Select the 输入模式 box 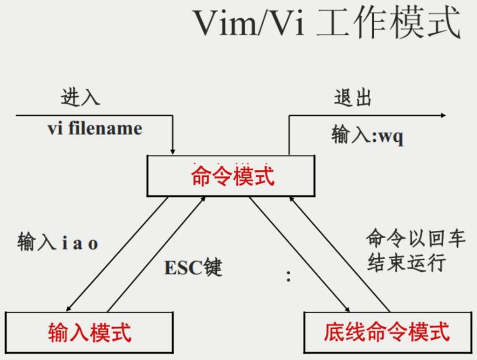coord(90,332)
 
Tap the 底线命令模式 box coord(387,332)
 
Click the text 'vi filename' coord(95,129)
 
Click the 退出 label coord(353,97)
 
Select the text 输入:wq coord(367,136)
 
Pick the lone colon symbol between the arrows coord(288,276)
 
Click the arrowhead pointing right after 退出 coord(443,115)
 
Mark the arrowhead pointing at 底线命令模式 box coord(347,310)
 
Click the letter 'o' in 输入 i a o coord(93,244)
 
